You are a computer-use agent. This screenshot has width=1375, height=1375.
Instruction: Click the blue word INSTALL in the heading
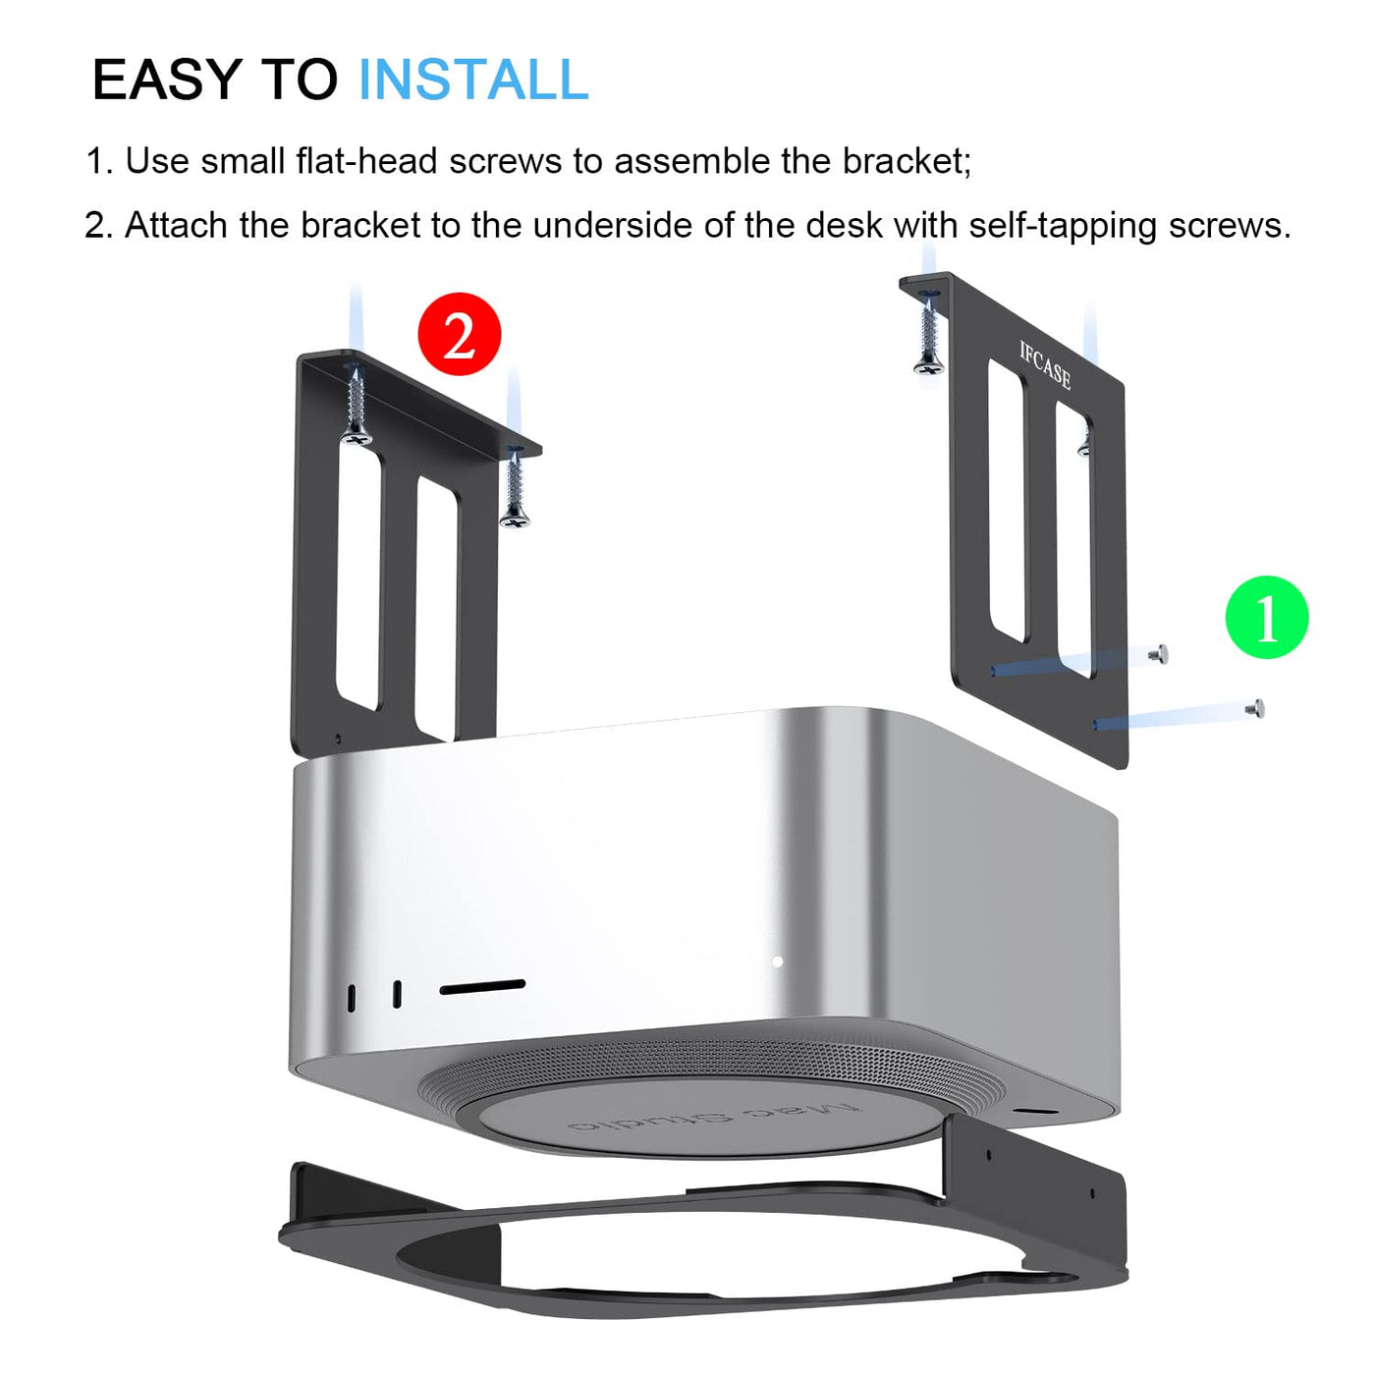[x=473, y=79]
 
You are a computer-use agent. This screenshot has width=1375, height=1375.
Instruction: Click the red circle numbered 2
[x=460, y=334]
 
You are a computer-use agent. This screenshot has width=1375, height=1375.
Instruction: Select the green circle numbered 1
[x=1267, y=617]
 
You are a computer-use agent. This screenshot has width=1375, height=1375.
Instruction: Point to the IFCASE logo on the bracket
[x=1045, y=365]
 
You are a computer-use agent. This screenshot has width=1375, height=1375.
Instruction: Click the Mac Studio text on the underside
[x=714, y=1117]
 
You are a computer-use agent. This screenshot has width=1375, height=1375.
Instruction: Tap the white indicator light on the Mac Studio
[x=777, y=962]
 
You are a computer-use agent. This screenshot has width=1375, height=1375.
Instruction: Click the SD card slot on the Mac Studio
[x=482, y=988]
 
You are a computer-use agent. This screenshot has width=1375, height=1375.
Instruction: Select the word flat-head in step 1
[x=366, y=161]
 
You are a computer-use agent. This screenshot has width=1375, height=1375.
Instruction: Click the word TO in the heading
[x=300, y=79]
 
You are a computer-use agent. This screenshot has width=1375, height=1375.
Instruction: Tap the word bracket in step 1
[x=907, y=161]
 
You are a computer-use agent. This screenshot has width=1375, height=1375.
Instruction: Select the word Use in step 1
[x=157, y=161]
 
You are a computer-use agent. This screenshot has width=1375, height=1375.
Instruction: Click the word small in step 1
[x=243, y=161]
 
